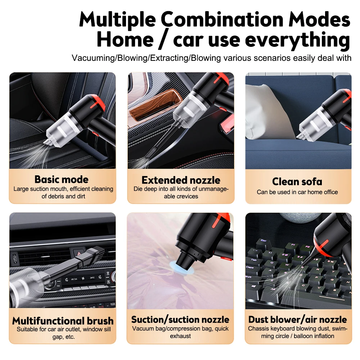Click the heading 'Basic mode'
point(62,179)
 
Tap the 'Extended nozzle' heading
point(180,180)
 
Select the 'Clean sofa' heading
point(297,181)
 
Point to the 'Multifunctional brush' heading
point(63,320)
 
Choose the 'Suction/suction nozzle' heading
point(180,319)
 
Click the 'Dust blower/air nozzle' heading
point(297,319)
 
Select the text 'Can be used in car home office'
point(297,192)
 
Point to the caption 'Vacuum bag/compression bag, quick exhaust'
point(180,332)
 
